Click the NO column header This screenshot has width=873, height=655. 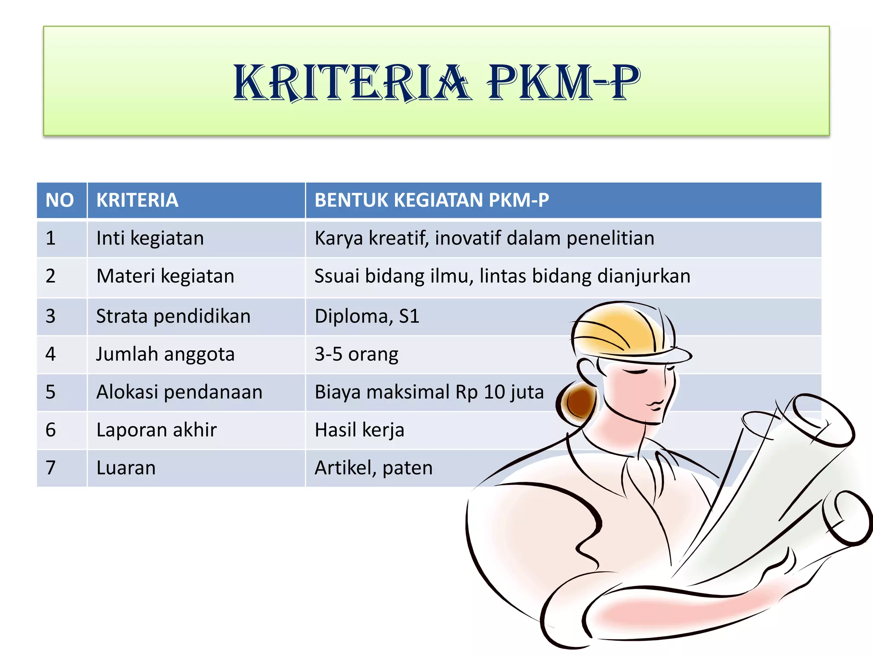(60, 200)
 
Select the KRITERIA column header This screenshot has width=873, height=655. (137, 200)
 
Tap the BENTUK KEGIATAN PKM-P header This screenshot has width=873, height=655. (431, 200)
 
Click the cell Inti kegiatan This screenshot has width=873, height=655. (150, 238)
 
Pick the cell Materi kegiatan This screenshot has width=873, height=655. (165, 276)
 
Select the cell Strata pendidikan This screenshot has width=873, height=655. (173, 316)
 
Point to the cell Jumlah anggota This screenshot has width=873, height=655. (165, 354)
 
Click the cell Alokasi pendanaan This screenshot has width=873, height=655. (179, 392)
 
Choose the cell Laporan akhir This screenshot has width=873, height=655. (156, 430)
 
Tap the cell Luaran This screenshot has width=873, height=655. (126, 468)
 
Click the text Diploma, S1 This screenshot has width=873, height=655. (367, 316)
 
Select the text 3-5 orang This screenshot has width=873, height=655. (356, 354)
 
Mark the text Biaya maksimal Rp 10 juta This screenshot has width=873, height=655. (429, 392)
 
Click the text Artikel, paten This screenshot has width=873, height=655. (373, 468)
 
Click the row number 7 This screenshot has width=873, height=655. (51, 468)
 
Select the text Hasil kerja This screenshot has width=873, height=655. (359, 430)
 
